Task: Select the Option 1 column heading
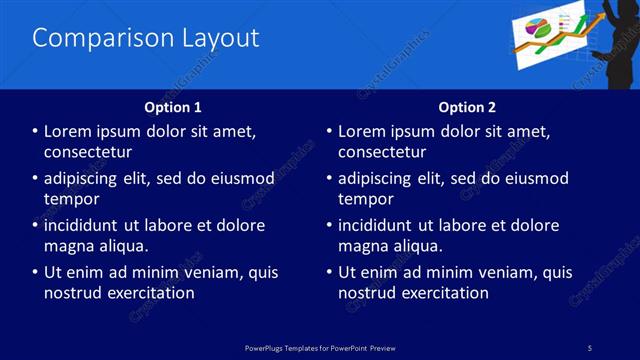pos(173,107)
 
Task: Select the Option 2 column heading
pos(467,107)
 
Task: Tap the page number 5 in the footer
pos(589,347)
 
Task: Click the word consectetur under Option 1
pos(88,152)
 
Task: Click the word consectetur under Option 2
pos(382,152)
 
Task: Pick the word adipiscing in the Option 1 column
pos(85,179)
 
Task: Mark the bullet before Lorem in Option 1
pos(35,132)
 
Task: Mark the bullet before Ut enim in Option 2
pos(329,273)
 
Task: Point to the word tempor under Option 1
pos(71,199)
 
